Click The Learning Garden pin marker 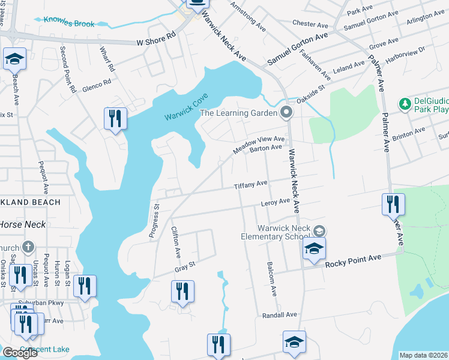tap(287, 113)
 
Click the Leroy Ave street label tap(276, 203)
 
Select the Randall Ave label tap(280, 314)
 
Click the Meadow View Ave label tap(259, 143)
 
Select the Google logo tap(20, 353)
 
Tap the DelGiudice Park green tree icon tap(405, 104)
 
